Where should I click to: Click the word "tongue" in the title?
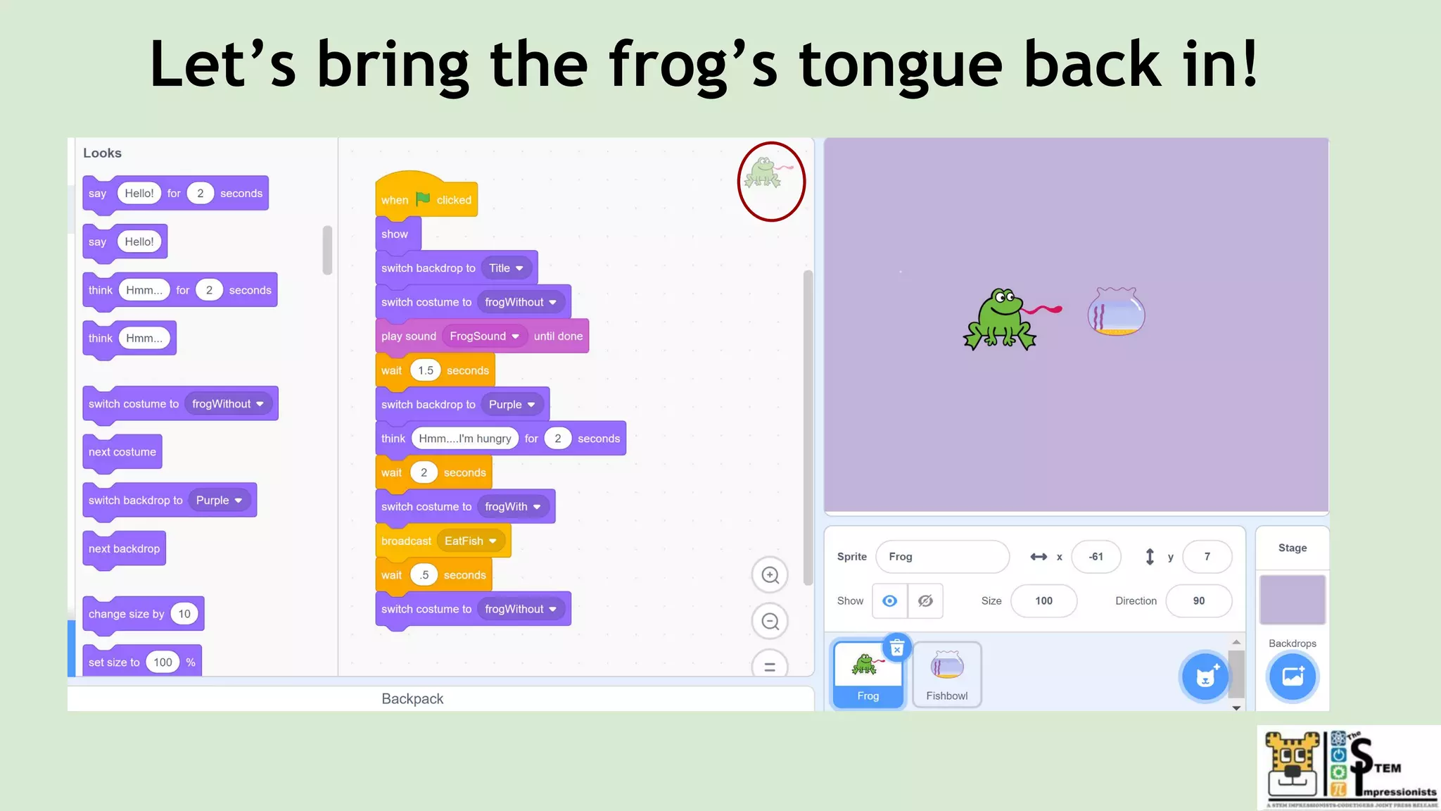click(x=901, y=65)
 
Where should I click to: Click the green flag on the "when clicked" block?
click(x=423, y=199)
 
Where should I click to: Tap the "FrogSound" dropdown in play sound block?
click(x=484, y=337)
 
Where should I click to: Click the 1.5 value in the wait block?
click(x=426, y=370)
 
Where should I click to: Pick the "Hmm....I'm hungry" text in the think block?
click(x=464, y=439)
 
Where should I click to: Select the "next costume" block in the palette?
click(x=122, y=452)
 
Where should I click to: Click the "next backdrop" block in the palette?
click(x=124, y=548)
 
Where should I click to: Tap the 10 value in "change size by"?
click(x=184, y=614)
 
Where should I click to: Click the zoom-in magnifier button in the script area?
click(x=770, y=575)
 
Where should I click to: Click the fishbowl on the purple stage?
click(x=1116, y=311)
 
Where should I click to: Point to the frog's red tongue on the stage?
click(x=1043, y=309)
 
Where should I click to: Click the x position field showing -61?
click(x=1096, y=557)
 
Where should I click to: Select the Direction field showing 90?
click(x=1198, y=601)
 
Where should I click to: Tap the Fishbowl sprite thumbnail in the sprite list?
click(x=946, y=674)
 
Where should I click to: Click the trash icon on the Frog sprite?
click(x=897, y=648)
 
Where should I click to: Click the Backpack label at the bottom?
click(x=412, y=699)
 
